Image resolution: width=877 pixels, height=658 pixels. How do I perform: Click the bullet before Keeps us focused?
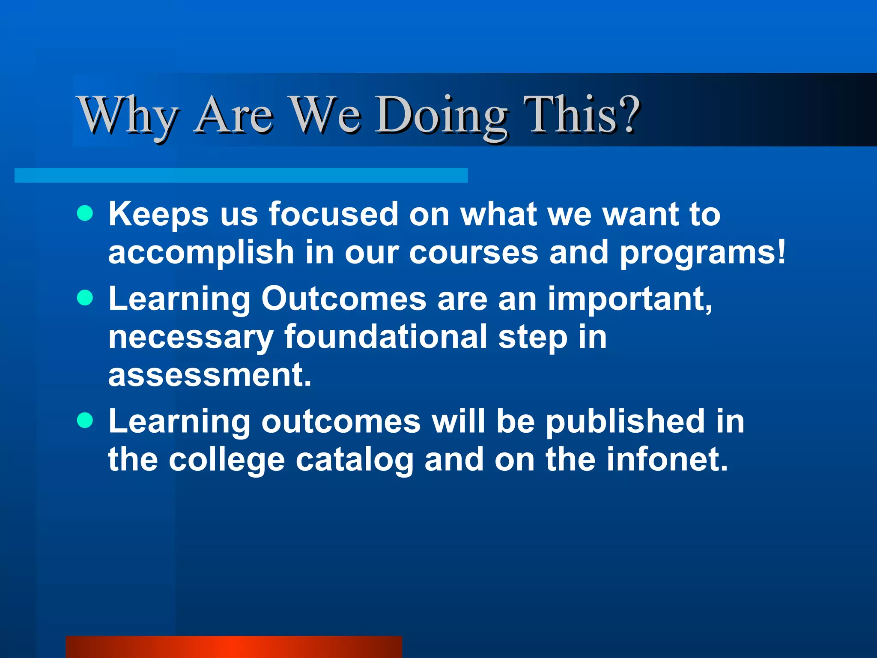tap(85, 213)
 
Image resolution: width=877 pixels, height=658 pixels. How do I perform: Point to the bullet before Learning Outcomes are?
tap(85, 298)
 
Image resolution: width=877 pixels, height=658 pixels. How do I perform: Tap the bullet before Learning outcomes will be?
tap(85, 421)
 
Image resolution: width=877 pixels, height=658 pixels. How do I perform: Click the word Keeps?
tap(158, 214)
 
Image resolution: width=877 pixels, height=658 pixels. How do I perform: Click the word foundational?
tap(385, 337)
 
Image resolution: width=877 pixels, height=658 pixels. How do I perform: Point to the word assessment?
tap(209, 375)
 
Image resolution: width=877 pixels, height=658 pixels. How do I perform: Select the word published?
tap(625, 422)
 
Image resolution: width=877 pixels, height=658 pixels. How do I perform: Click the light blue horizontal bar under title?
tap(241, 175)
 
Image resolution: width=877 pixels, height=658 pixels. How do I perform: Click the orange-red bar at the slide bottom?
tap(234, 647)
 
